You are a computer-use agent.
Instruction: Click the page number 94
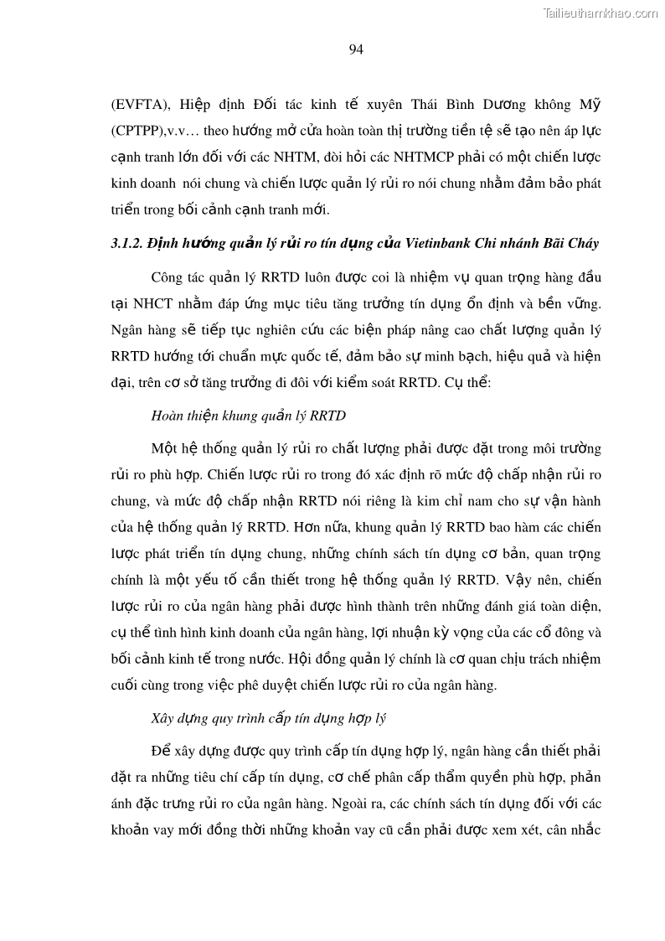(x=356, y=50)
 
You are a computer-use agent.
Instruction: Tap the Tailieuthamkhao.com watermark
(x=601, y=13)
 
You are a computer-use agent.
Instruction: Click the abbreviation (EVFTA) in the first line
(x=139, y=105)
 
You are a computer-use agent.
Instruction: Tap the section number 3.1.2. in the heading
(x=126, y=244)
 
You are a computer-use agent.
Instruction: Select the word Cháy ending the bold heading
(x=579, y=244)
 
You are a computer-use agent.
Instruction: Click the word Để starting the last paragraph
(x=161, y=751)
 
